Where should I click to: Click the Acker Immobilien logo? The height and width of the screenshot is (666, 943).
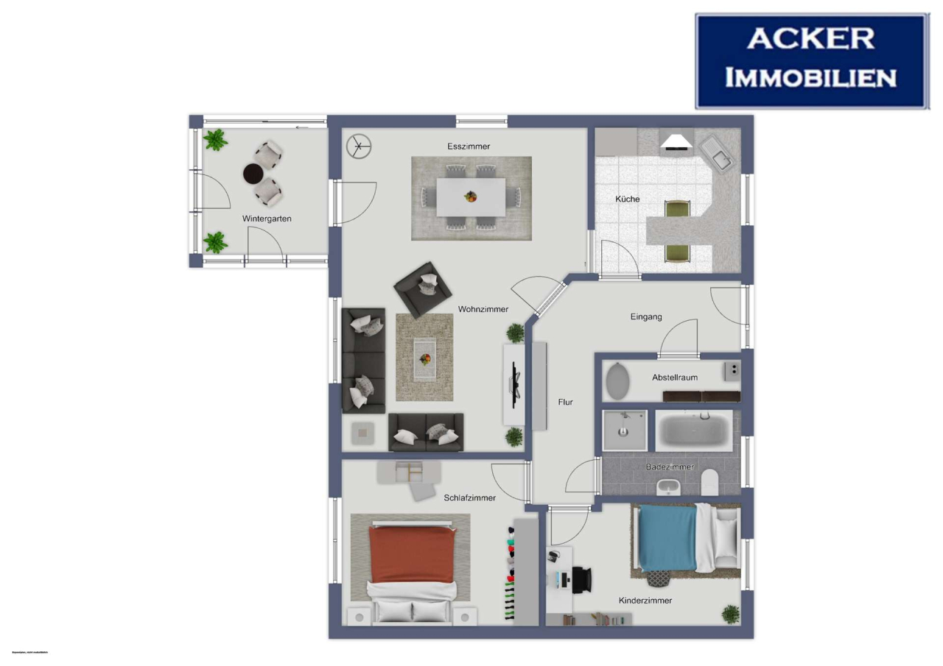811,61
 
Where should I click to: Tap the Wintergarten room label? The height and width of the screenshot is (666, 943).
267,219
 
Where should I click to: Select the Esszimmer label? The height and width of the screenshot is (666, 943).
469,146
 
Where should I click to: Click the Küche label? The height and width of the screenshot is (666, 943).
628,199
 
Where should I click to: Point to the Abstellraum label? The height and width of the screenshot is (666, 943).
674,378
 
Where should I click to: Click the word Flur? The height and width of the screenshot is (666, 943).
565,403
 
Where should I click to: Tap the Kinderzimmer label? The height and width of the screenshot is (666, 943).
645,601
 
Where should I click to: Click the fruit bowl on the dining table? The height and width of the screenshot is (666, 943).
469,196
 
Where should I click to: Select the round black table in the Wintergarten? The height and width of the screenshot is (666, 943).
253,174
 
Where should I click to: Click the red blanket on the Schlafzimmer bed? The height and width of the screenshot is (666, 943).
412,553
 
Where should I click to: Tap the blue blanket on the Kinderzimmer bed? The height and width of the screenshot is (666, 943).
667,538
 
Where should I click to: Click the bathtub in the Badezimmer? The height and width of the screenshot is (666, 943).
693,431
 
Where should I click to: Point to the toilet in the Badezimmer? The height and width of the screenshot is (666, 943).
709,482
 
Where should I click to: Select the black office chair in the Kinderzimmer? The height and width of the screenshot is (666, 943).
582,578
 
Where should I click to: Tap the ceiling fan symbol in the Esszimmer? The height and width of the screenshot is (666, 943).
360,146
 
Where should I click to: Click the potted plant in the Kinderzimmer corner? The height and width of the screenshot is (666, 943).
730,613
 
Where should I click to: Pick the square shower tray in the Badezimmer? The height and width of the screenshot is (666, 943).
625,430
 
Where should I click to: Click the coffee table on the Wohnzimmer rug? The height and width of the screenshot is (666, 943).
424,358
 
